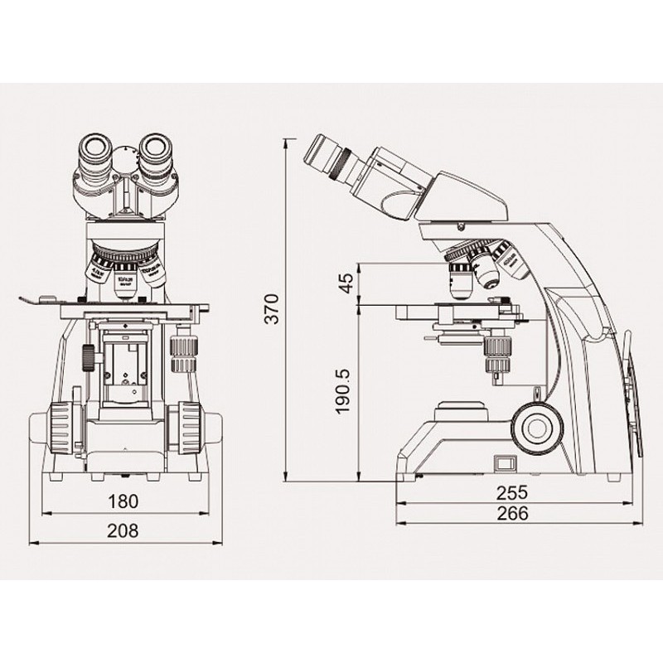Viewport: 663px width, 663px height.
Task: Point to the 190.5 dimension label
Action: coord(347,392)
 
